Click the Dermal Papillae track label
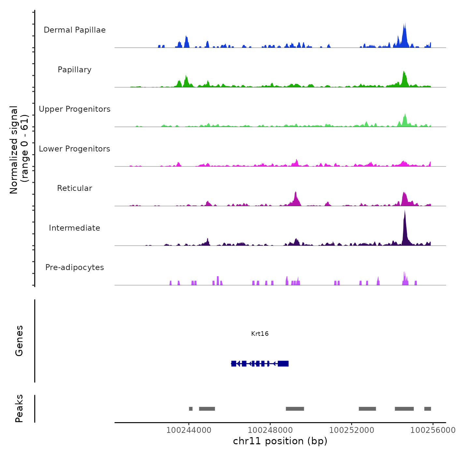[75, 30]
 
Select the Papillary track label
[75, 70]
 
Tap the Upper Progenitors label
[75, 109]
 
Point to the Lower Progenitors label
[75, 149]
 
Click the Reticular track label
[75, 188]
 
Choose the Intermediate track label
[75, 228]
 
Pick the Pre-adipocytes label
[75, 267]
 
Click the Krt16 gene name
[260, 334]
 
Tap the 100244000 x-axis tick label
[189, 430]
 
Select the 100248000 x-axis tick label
[270, 430]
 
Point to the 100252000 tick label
[351, 430]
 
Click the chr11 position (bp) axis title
[280, 441]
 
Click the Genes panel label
[19, 341]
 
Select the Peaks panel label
[19, 408]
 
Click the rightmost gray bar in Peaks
[428, 409]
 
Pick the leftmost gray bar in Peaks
[191, 409]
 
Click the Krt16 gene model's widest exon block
[283, 364]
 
